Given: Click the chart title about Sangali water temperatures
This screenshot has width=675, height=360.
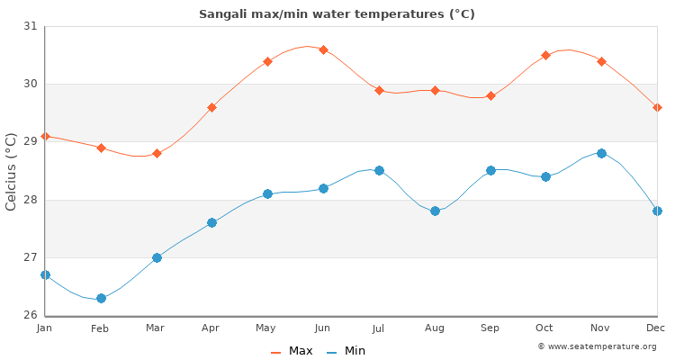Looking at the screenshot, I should [337, 14].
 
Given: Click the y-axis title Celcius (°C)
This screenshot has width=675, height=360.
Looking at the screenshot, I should [12, 171].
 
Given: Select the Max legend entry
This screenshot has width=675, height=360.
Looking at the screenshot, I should [292, 351].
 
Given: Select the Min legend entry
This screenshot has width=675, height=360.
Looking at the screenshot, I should [346, 351].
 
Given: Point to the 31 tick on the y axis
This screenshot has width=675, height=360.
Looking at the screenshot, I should [31, 26].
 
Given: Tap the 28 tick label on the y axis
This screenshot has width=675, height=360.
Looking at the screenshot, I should [31, 200].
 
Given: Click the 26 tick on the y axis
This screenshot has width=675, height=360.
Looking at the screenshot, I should [31, 315].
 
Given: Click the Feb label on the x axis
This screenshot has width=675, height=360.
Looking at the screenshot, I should [100, 329].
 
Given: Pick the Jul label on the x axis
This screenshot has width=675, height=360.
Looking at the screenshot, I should [379, 329].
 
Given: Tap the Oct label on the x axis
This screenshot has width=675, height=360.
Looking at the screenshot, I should [545, 329].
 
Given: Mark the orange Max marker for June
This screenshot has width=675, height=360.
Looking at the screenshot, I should [323, 49].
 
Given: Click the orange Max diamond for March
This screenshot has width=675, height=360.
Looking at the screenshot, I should [157, 153].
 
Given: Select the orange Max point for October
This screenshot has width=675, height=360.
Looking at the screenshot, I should [545, 55].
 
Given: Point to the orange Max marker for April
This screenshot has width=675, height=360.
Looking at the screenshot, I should [211, 107].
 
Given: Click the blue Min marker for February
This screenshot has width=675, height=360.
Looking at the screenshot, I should [101, 298].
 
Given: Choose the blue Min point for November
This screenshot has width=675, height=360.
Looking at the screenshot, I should [601, 153].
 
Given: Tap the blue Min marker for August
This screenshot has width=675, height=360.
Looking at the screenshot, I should [435, 211].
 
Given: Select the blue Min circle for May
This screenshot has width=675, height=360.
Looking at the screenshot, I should [267, 193].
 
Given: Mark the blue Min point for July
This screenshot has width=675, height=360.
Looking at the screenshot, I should [379, 170].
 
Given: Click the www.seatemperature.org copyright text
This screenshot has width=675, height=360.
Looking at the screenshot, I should [597, 346].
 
